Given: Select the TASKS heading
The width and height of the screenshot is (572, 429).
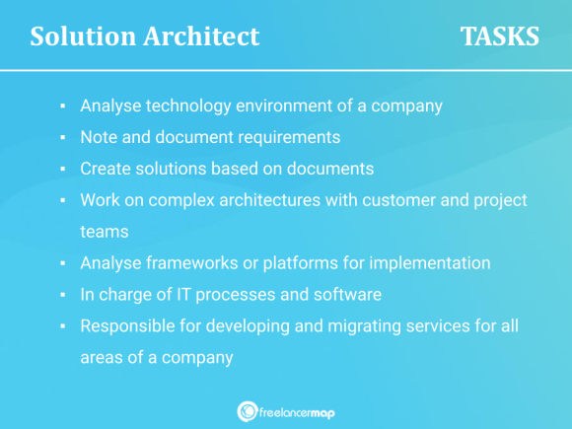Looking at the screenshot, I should point(500,37).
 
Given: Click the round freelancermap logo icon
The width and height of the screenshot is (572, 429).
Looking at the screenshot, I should point(248,411).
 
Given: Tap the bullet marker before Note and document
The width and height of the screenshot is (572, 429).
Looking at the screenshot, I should point(61,136).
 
